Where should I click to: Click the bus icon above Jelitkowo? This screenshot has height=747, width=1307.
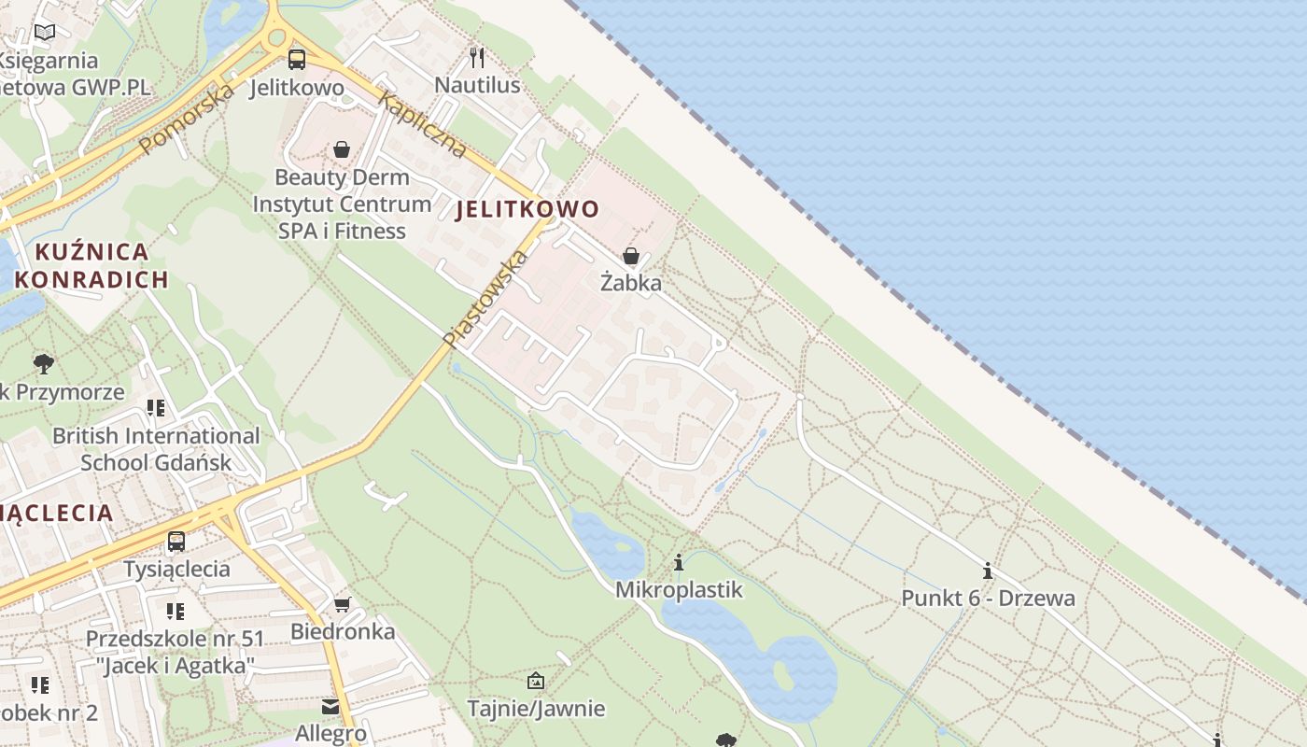297,60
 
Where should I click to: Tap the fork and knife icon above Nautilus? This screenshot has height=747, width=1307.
477,58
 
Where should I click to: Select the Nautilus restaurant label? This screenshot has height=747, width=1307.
477,86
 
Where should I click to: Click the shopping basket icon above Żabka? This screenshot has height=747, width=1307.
631,256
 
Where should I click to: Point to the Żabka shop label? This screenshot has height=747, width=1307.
631,283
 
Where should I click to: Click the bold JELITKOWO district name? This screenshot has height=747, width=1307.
527,209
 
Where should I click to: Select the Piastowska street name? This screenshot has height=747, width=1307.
485,299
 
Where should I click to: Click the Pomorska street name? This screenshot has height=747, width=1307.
186,119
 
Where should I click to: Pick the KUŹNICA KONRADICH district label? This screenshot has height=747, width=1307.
91,265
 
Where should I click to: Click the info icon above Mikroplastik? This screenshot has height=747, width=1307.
679,563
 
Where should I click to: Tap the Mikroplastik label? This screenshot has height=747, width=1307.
679,590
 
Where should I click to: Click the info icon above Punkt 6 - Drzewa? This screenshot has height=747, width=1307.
988,571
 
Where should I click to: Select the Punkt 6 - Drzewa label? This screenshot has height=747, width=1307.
988,599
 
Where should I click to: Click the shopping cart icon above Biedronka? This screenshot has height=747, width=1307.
343,604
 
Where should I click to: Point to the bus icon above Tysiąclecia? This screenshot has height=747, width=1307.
176,541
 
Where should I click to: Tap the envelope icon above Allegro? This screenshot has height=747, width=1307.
330,707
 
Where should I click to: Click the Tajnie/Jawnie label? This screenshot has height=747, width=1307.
536,709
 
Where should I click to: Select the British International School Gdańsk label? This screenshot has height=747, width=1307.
156,449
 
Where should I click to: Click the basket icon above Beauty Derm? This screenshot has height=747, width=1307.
342,149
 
